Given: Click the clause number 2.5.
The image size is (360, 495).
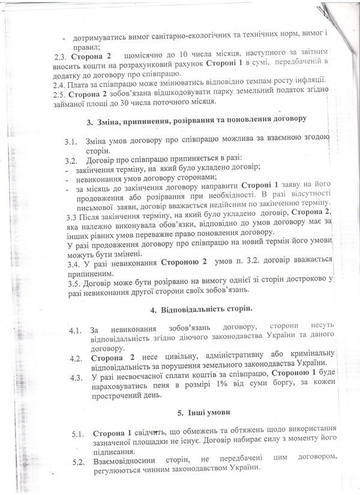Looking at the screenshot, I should tap(59, 94).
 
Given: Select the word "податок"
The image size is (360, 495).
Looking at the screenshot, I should tap(280, 94).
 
